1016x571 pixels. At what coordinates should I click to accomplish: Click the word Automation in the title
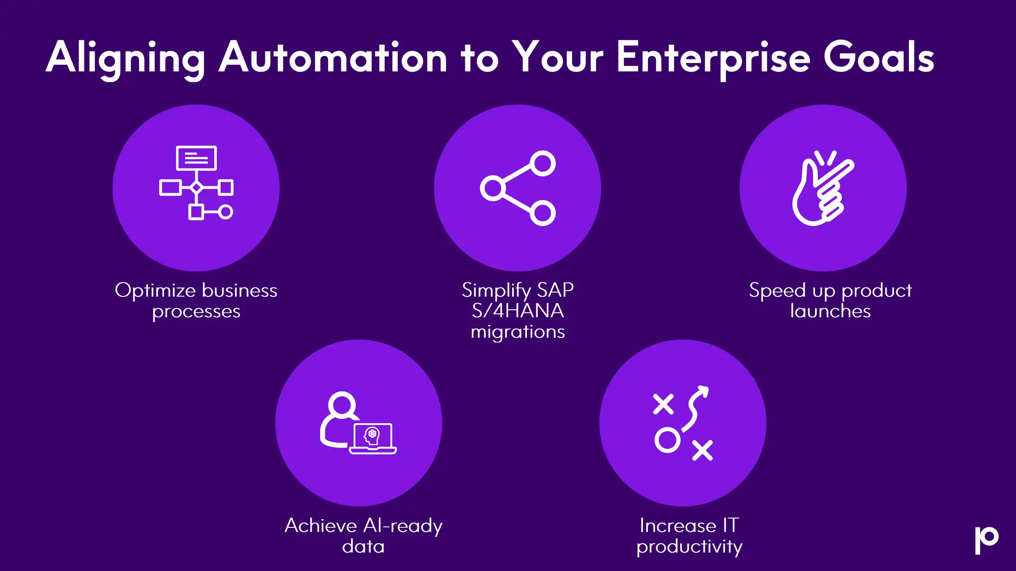pyautogui.click(x=333, y=58)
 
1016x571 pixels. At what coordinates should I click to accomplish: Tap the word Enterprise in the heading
pyautogui.click(x=713, y=58)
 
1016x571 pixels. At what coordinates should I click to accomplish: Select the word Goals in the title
pyautogui.click(x=879, y=58)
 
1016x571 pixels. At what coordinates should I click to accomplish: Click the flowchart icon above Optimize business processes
pyautogui.click(x=196, y=183)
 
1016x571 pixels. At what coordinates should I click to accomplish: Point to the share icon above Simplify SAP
pyautogui.click(x=517, y=188)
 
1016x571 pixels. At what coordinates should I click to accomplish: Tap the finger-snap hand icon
pyautogui.click(x=822, y=188)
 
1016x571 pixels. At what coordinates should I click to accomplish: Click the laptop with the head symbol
pyautogui.click(x=373, y=438)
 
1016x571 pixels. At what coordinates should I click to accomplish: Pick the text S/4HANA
pyautogui.click(x=517, y=311)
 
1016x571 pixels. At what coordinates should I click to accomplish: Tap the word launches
pyautogui.click(x=830, y=311)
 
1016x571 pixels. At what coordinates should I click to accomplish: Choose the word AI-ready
pyautogui.click(x=402, y=525)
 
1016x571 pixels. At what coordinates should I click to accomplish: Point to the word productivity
pyautogui.click(x=690, y=547)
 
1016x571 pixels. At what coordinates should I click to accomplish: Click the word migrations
pyautogui.click(x=517, y=332)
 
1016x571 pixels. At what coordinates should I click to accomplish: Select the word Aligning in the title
pyautogui.click(x=126, y=58)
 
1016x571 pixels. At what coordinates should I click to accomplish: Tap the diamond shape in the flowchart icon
pyautogui.click(x=196, y=187)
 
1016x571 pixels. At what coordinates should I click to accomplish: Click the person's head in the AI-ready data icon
pyautogui.click(x=342, y=404)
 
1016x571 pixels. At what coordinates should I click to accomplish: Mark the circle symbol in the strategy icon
pyautogui.click(x=667, y=440)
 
